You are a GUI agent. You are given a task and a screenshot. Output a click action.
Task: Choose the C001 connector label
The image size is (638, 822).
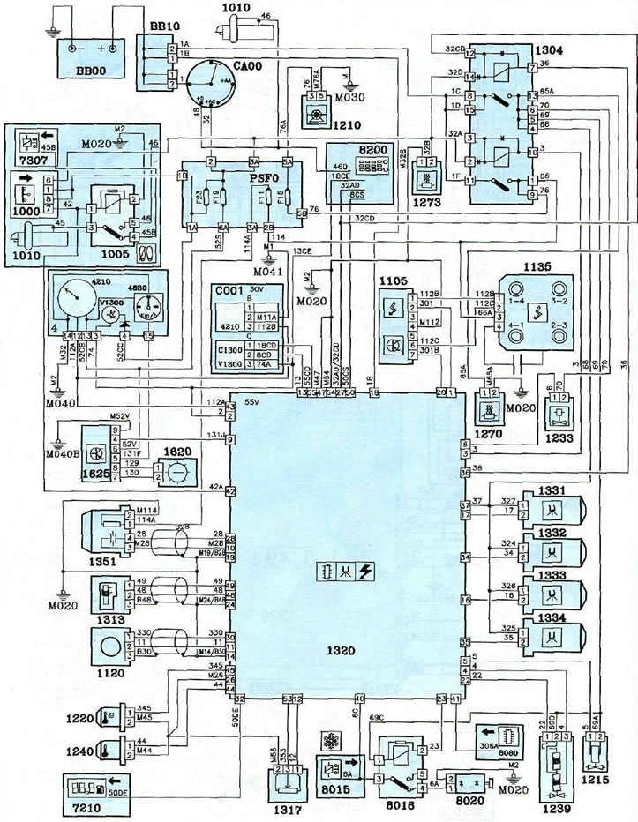(230, 288)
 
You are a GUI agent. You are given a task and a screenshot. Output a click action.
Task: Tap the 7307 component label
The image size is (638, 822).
(34, 161)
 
